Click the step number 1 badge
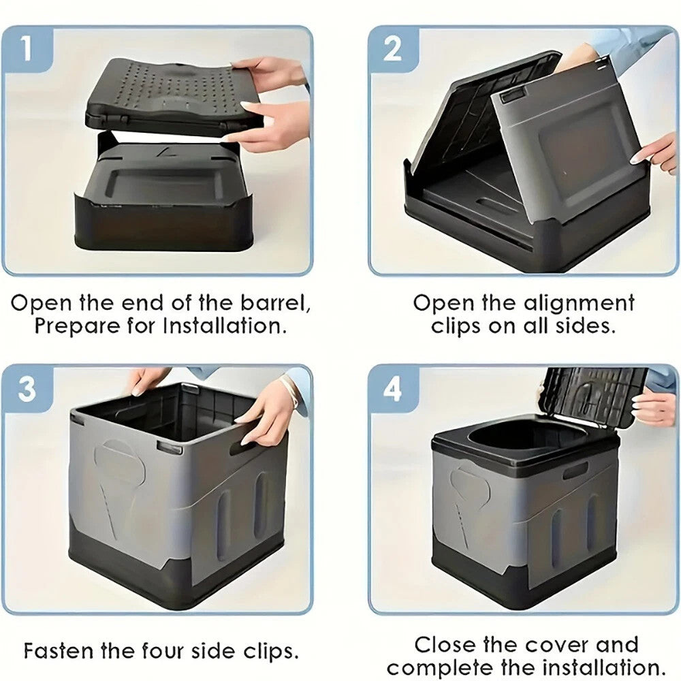[27, 48]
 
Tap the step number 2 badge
[392, 48]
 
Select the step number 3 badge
[27, 388]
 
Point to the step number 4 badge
[392, 389]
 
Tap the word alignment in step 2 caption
[578, 304]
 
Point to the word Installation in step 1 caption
[225, 326]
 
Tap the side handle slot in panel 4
[575, 471]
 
